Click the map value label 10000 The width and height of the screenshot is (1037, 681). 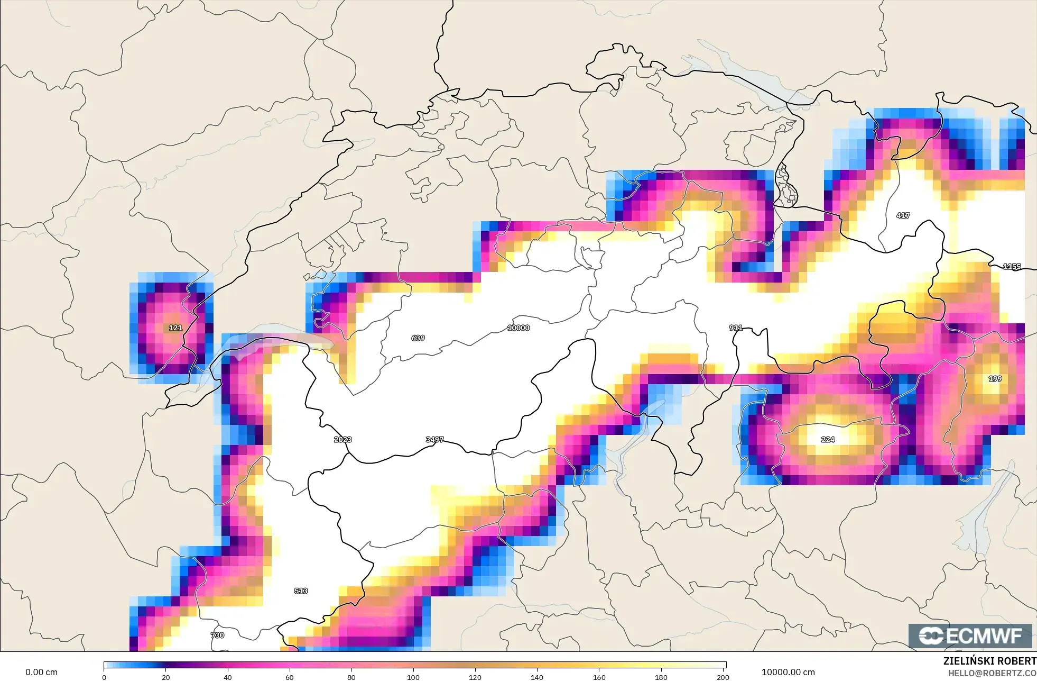pos(518,328)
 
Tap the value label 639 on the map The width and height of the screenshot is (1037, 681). pos(418,338)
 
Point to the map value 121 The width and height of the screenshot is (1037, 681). pos(175,328)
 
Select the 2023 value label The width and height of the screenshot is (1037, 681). pos(342,440)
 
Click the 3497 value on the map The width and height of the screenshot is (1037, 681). pos(434,440)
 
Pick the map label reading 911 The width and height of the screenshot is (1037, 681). pos(736,328)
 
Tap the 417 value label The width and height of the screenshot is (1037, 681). pos(903,215)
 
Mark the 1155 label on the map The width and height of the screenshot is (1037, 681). pos(1012,267)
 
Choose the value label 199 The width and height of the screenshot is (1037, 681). pos(995,379)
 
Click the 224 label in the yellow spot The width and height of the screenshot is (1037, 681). pos(828,440)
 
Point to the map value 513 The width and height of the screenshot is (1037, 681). pos(301,591)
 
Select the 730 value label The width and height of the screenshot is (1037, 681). pos(217,635)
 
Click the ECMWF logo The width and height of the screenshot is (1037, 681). pos(970,636)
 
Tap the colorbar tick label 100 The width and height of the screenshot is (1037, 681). pos(413,677)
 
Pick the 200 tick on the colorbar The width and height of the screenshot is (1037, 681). pos(723,677)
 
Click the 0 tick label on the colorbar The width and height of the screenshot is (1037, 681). pos(104,677)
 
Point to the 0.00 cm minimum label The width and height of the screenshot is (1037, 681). pos(41,673)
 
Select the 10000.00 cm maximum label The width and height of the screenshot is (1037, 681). pos(788,673)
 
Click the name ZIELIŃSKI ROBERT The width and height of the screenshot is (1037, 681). pos(989,661)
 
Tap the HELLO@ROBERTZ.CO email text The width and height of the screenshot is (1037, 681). pos(992,674)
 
